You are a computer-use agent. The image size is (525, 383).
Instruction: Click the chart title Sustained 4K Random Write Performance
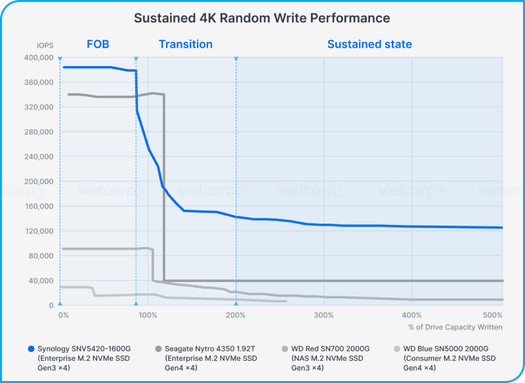[x=262, y=18]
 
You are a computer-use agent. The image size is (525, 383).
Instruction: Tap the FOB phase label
[x=98, y=45]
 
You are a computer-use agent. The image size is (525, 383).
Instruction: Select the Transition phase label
[x=186, y=45]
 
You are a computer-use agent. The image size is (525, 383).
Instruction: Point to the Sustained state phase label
[x=369, y=45]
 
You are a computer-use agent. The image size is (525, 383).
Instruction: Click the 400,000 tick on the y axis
[x=39, y=58]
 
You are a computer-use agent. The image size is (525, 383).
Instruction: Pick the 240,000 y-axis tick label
[x=39, y=157]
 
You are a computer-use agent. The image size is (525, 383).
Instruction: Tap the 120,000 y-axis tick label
[x=39, y=231]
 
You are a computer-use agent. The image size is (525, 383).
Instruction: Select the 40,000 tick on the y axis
[x=41, y=281]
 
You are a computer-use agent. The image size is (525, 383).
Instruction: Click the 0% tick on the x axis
[x=64, y=315]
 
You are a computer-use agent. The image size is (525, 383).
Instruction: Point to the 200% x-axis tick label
[x=236, y=315]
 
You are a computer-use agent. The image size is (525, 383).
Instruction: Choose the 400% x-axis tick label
[x=411, y=315]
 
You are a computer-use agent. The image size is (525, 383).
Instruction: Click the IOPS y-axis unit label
[x=45, y=45]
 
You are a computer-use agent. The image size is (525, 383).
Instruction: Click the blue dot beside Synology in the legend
[x=31, y=348]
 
